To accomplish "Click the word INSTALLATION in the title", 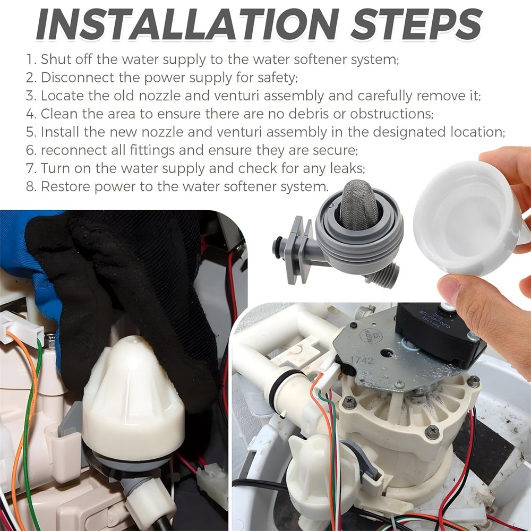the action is [x=187, y=25].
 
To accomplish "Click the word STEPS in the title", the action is [x=416, y=25].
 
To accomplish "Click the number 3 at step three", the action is [x=31, y=96].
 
